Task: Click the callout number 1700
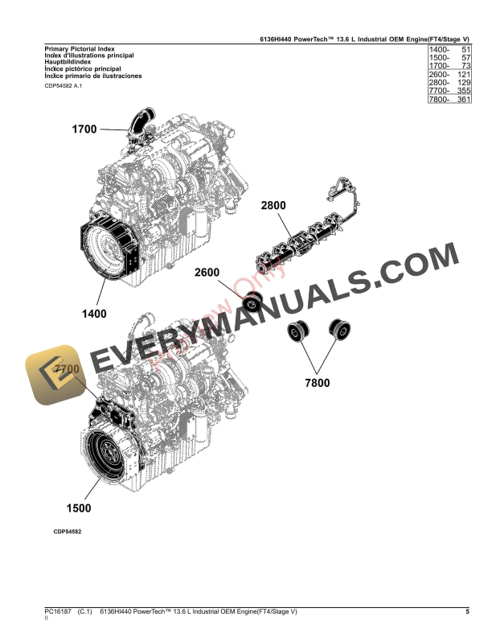coord(84,129)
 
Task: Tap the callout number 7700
coord(67,369)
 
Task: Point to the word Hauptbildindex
coord(68,63)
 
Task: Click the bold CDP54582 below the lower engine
coord(68,532)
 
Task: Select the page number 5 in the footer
coord(467,613)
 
